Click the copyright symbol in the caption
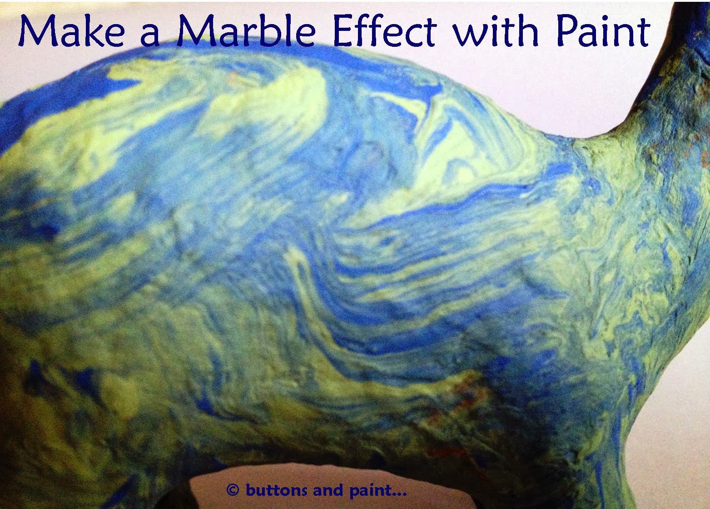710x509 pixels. (233, 490)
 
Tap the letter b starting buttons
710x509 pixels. (249, 490)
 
